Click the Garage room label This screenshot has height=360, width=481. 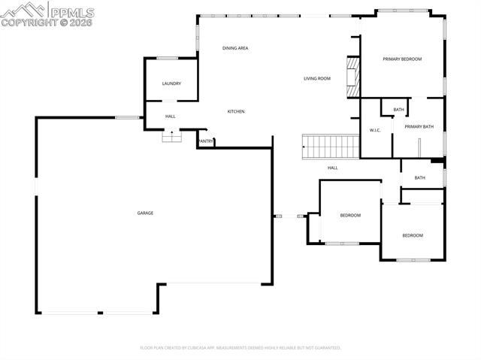point(145,213)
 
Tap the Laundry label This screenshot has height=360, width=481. point(171,83)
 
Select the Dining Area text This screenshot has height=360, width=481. point(235,48)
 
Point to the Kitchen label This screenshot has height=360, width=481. point(237,111)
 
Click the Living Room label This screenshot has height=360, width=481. point(317,78)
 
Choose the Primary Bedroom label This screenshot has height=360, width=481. point(402,59)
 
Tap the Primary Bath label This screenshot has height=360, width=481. point(419,126)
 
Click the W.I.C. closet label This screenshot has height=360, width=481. point(376,130)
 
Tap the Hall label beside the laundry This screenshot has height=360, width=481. point(171,116)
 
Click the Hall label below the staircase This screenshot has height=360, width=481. point(332,168)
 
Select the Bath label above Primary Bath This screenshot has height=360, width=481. point(398,110)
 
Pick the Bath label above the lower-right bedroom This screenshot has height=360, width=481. point(419,177)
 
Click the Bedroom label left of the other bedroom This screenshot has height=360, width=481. point(350,216)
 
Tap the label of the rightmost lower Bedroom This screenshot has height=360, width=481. point(412,235)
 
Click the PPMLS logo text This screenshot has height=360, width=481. point(72,11)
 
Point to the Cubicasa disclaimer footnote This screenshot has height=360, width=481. point(240,348)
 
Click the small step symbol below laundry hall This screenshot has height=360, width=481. point(173,136)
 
